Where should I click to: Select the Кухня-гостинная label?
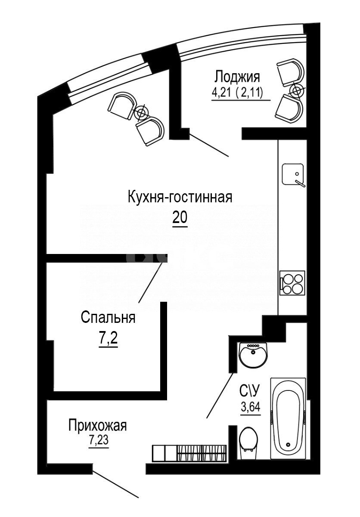(x=180, y=198)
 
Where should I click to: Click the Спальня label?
(x=108, y=318)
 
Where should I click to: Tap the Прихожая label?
(x=97, y=426)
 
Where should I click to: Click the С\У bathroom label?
(x=250, y=391)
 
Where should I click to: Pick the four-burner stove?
(x=292, y=282)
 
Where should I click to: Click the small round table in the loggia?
(x=297, y=90)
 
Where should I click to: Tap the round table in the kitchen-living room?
(x=140, y=112)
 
